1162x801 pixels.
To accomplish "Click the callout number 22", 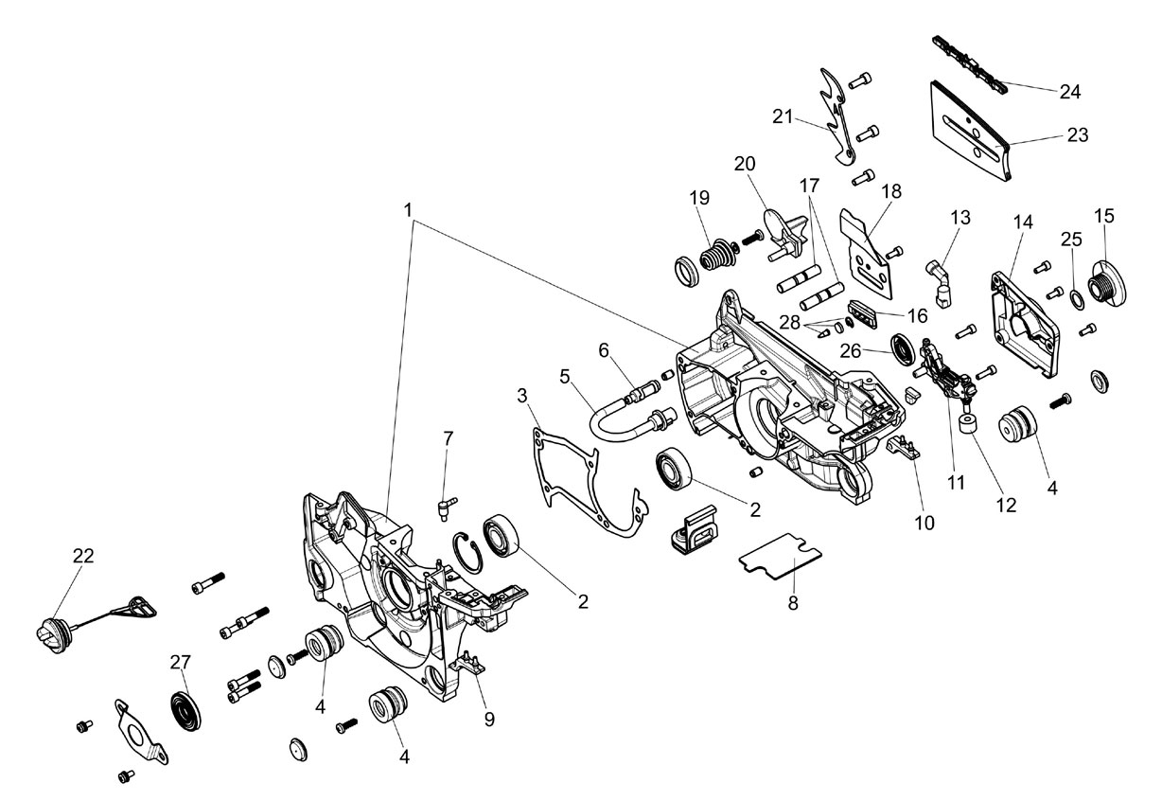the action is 83,556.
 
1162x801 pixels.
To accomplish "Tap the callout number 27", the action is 181,663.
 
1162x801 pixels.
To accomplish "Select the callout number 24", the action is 1069,92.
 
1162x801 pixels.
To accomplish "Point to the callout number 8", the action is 793,604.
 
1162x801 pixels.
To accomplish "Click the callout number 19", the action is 699,198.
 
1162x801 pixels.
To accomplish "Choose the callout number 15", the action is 1104,216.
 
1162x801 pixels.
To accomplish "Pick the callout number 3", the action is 522,396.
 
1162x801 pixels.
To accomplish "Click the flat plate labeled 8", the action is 780,557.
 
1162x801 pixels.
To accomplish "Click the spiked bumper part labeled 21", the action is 837,116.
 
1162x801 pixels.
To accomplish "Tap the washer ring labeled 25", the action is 1077,299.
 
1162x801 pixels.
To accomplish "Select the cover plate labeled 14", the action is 1025,323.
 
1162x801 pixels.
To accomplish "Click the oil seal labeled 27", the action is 185,711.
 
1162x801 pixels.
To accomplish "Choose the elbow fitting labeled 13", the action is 940,283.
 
